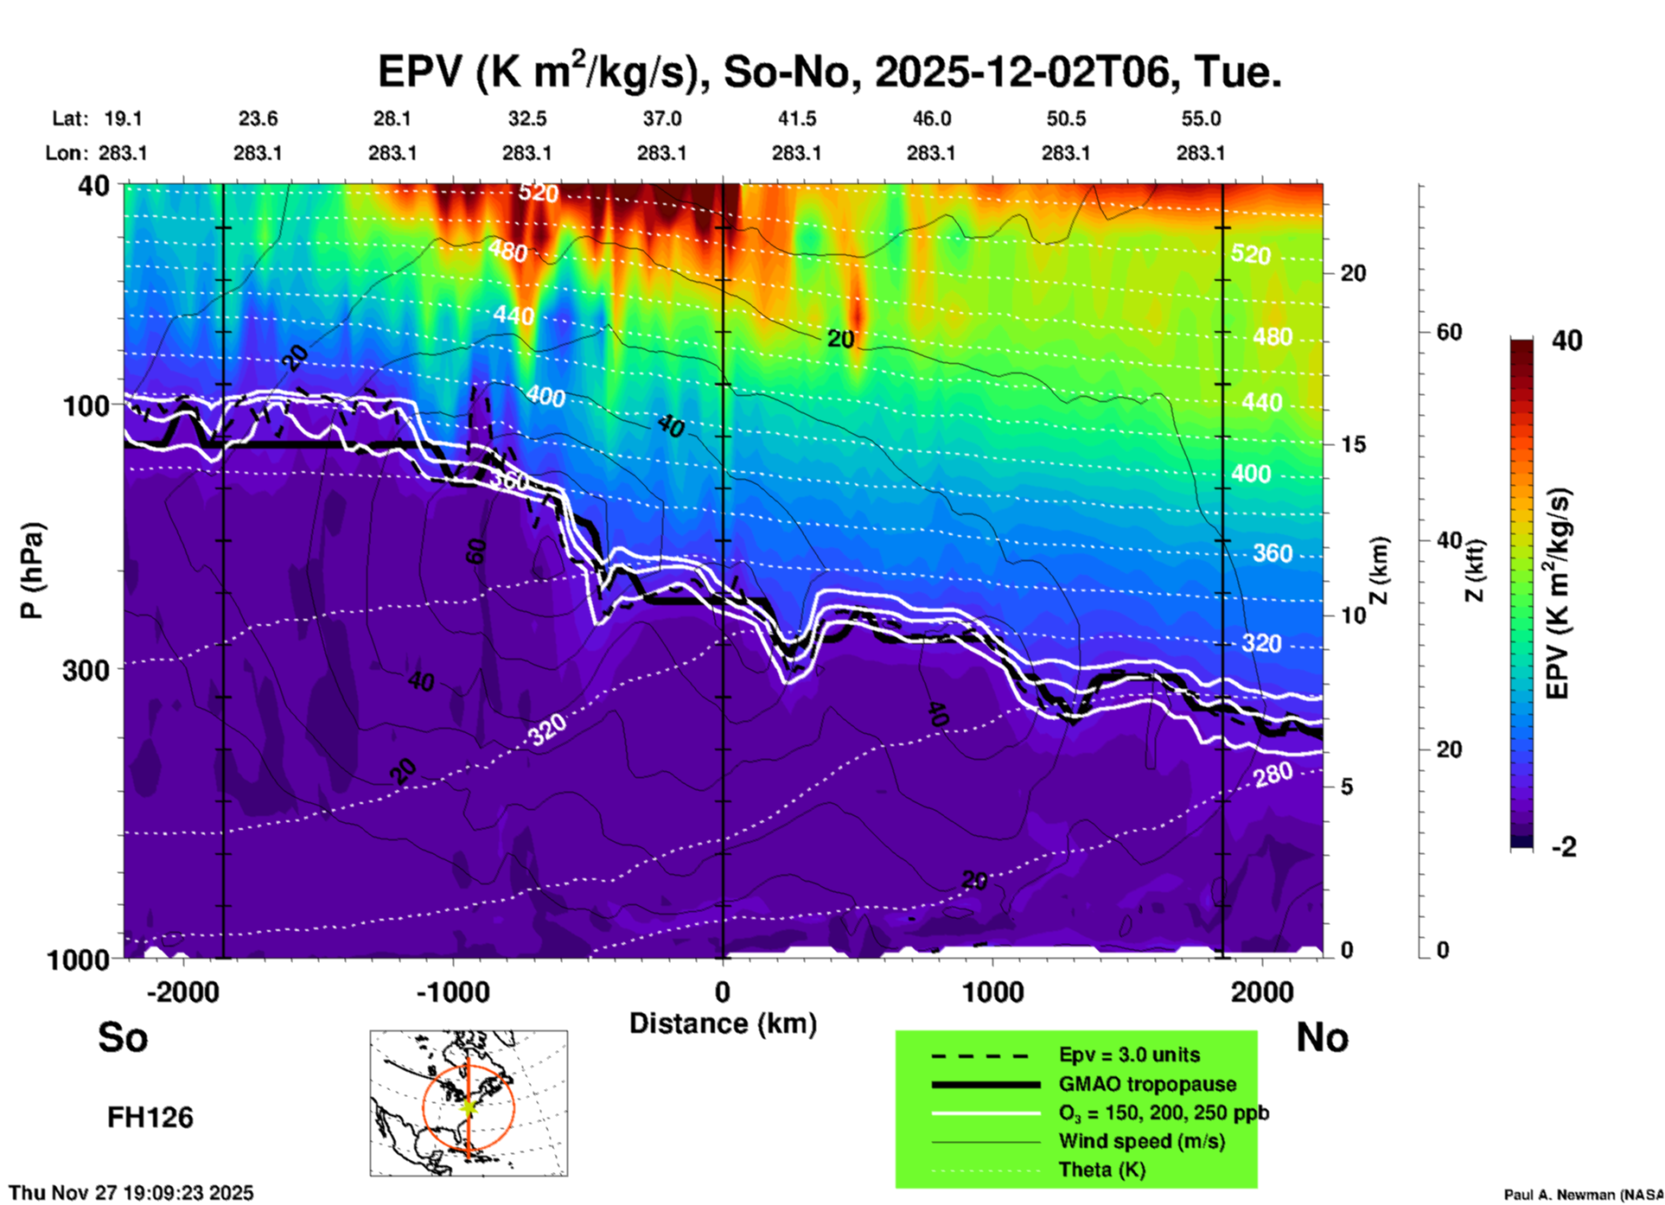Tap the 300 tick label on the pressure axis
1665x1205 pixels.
(x=86, y=670)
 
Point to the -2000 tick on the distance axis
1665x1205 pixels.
(x=182, y=992)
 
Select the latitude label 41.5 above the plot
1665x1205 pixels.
(x=796, y=118)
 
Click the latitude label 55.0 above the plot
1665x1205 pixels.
(x=1201, y=118)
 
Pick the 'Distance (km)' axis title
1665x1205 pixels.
(x=723, y=1023)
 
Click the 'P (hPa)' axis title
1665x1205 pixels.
(x=32, y=570)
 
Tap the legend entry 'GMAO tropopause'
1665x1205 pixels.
(x=1147, y=1084)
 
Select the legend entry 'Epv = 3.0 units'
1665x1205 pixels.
(x=1129, y=1055)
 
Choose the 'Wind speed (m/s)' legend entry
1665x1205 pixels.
(x=1141, y=1141)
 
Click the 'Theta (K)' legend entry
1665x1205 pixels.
(x=1101, y=1170)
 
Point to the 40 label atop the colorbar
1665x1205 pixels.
(x=1566, y=341)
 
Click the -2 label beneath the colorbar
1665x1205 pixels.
(x=1563, y=847)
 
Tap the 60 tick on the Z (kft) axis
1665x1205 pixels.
(x=1449, y=332)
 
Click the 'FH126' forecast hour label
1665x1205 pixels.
(x=150, y=1118)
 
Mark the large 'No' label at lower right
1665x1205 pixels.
(x=1322, y=1037)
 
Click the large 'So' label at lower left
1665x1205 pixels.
(x=123, y=1037)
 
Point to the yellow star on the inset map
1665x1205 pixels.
(x=468, y=1106)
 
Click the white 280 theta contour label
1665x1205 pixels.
(x=1273, y=775)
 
